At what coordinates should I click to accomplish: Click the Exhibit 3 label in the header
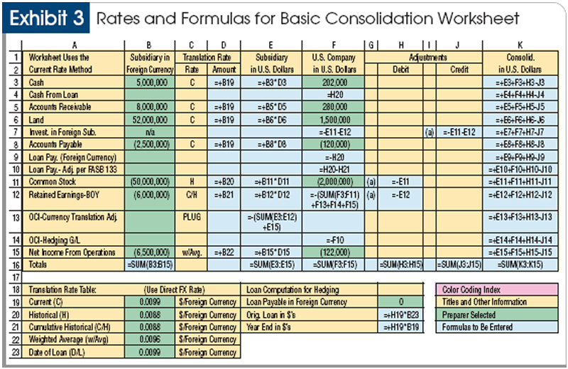point(48,19)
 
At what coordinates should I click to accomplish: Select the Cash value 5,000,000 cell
point(150,82)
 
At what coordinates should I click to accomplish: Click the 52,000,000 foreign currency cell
point(150,119)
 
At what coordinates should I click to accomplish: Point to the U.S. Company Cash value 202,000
point(333,82)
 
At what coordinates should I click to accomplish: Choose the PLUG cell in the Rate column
point(192,215)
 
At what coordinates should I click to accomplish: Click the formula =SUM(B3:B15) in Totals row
point(150,264)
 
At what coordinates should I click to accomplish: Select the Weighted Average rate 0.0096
point(150,339)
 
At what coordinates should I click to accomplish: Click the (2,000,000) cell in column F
point(333,181)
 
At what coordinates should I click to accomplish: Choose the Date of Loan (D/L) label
point(58,352)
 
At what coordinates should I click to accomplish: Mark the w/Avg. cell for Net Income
point(192,252)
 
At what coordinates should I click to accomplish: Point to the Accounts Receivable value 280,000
point(333,107)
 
